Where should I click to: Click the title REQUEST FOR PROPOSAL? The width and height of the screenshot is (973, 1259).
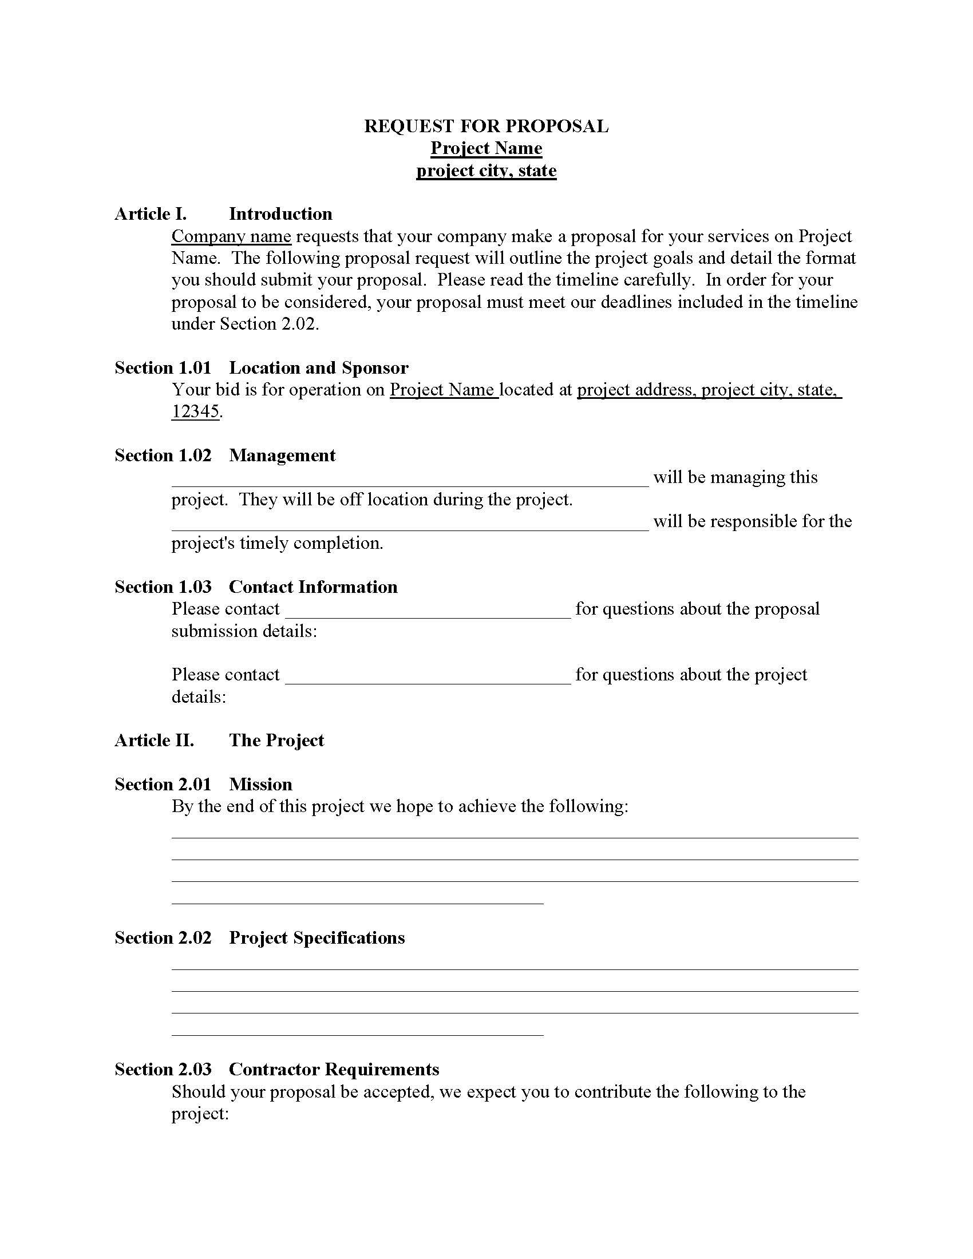[486, 126]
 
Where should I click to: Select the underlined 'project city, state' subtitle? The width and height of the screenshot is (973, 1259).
[486, 171]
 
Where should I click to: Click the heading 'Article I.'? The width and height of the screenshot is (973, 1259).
[151, 214]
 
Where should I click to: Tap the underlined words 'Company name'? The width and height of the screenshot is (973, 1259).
[231, 236]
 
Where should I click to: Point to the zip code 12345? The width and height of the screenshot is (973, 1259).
[195, 411]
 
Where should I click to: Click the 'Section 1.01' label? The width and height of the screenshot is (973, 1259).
[163, 368]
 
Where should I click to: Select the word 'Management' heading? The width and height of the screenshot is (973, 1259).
[282, 456]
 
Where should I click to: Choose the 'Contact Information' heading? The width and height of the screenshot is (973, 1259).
[313, 587]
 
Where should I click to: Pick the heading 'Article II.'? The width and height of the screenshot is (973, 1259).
[154, 740]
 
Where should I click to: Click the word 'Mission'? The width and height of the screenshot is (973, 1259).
[260, 785]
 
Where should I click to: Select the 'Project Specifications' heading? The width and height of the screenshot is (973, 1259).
[317, 938]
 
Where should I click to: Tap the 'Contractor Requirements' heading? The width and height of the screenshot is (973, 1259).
[334, 1070]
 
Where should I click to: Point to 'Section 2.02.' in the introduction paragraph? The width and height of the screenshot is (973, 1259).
[268, 324]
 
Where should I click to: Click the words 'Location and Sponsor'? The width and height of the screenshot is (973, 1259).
[319, 368]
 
